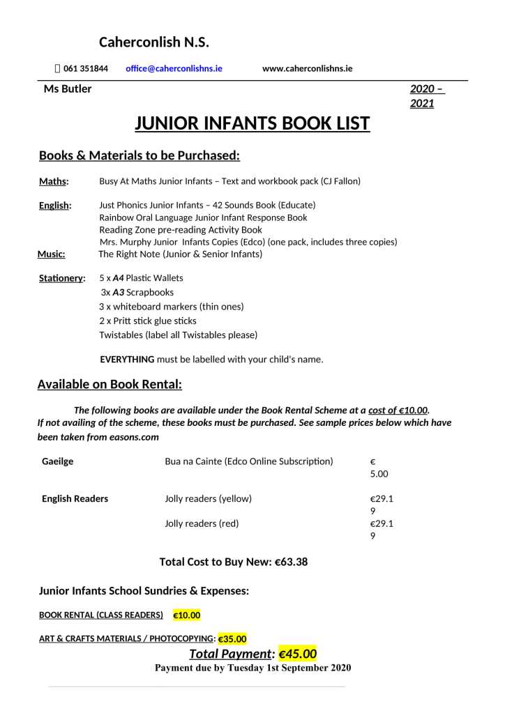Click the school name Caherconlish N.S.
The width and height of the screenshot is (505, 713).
coord(153,43)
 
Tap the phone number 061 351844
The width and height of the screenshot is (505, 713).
coord(85,68)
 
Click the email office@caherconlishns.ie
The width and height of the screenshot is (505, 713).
coord(174,68)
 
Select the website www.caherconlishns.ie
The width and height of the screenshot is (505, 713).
coord(307,68)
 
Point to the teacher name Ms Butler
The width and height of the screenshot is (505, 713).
coord(68,89)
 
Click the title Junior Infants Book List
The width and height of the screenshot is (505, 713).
coord(252,124)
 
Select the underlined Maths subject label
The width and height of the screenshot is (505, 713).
coord(54,182)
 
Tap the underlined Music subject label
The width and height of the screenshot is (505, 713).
coord(51,254)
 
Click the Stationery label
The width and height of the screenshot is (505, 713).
coord(61,279)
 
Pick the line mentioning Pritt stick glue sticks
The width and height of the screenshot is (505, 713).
coord(148,321)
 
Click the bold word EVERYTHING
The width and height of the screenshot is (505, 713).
coord(127,360)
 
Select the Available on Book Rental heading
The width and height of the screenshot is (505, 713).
coord(110,384)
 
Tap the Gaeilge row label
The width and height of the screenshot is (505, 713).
coord(57,461)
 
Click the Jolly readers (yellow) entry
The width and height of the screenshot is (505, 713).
coord(208,499)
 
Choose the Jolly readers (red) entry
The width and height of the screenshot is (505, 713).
coord(202,523)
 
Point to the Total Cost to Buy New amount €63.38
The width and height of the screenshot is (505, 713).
coord(292,562)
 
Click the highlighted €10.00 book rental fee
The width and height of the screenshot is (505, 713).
coord(186,615)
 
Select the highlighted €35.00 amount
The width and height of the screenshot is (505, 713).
coord(232,638)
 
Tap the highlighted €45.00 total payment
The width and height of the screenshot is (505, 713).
coord(297,654)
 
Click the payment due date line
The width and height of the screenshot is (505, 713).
coord(252,668)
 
